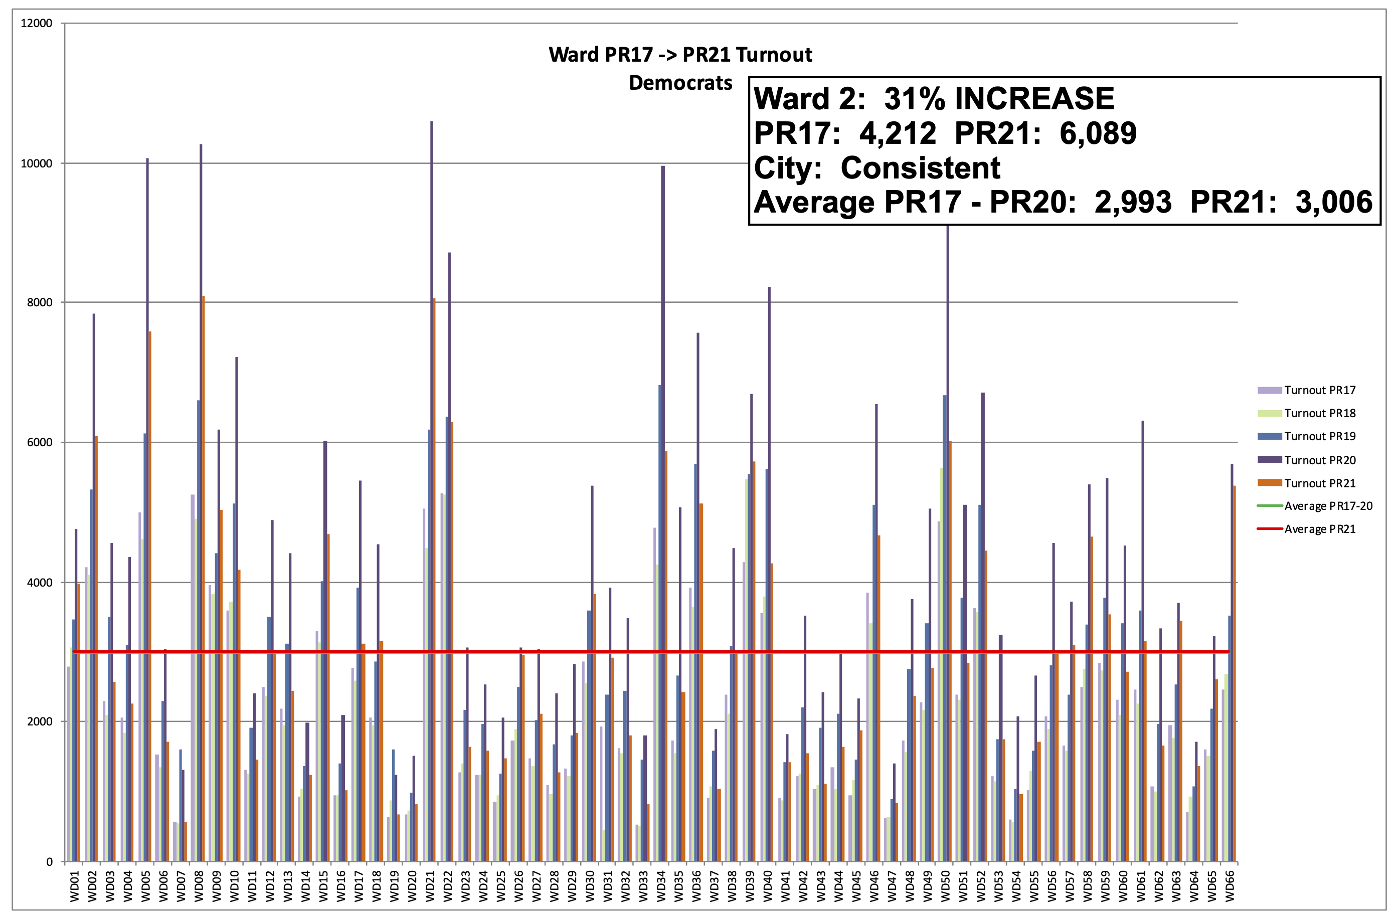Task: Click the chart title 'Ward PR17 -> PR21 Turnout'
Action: click(680, 55)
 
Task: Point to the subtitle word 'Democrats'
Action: click(680, 83)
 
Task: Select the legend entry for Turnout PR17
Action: click(1319, 391)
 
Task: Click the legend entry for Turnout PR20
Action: click(1319, 460)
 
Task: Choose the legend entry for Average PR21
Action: click(1319, 529)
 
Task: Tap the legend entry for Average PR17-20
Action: click(1328, 506)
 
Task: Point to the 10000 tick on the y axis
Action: click(37, 163)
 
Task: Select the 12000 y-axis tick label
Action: click(37, 24)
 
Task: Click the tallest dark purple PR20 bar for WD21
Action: click(432, 412)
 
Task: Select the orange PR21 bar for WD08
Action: click(204, 529)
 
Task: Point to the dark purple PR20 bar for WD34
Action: click(663, 470)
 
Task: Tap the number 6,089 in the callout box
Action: click(1098, 133)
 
